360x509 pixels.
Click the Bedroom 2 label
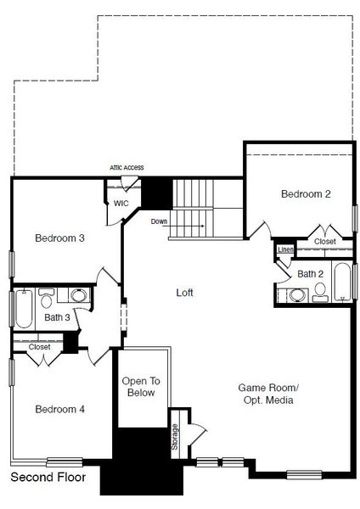click(x=305, y=194)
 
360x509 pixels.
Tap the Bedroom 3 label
click(x=59, y=238)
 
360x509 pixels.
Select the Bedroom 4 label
click(x=59, y=409)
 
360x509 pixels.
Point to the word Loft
click(x=184, y=293)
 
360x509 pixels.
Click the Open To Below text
click(x=141, y=387)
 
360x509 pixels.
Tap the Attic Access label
click(x=126, y=168)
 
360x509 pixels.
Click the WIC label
click(x=121, y=204)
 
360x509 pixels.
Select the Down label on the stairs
click(x=159, y=221)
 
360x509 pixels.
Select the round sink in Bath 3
click(x=77, y=296)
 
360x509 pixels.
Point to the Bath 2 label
click(x=310, y=273)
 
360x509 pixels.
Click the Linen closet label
click(x=285, y=249)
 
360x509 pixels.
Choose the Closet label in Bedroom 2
click(x=324, y=242)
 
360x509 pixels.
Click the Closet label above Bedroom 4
click(x=39, y=347)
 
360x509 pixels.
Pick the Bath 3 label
click(x=57, y=318)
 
